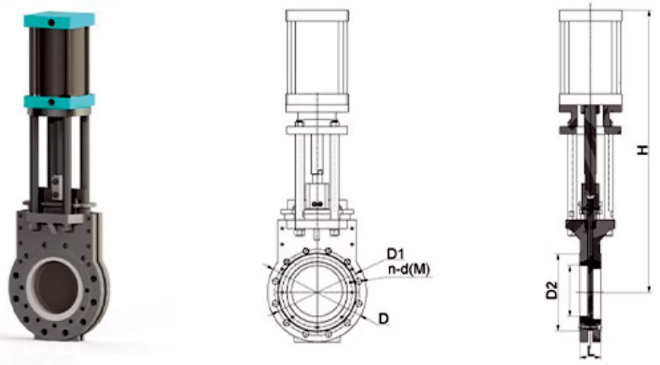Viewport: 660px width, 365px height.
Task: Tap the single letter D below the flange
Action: coord(383,319)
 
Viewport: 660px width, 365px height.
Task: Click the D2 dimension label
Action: coord(552,290)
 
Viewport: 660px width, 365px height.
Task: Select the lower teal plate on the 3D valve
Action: coord(58,101)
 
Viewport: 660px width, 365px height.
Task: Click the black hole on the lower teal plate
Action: coord(52,102)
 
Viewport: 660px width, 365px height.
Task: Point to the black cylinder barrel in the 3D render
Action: coord(59,61)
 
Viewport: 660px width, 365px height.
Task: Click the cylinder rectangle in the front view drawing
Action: coord(316,57)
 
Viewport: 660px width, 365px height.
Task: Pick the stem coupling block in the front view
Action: coord(316,197)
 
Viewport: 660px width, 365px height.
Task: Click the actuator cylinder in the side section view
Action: coord(590,57)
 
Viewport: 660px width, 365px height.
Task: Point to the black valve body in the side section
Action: coord(589,228)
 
